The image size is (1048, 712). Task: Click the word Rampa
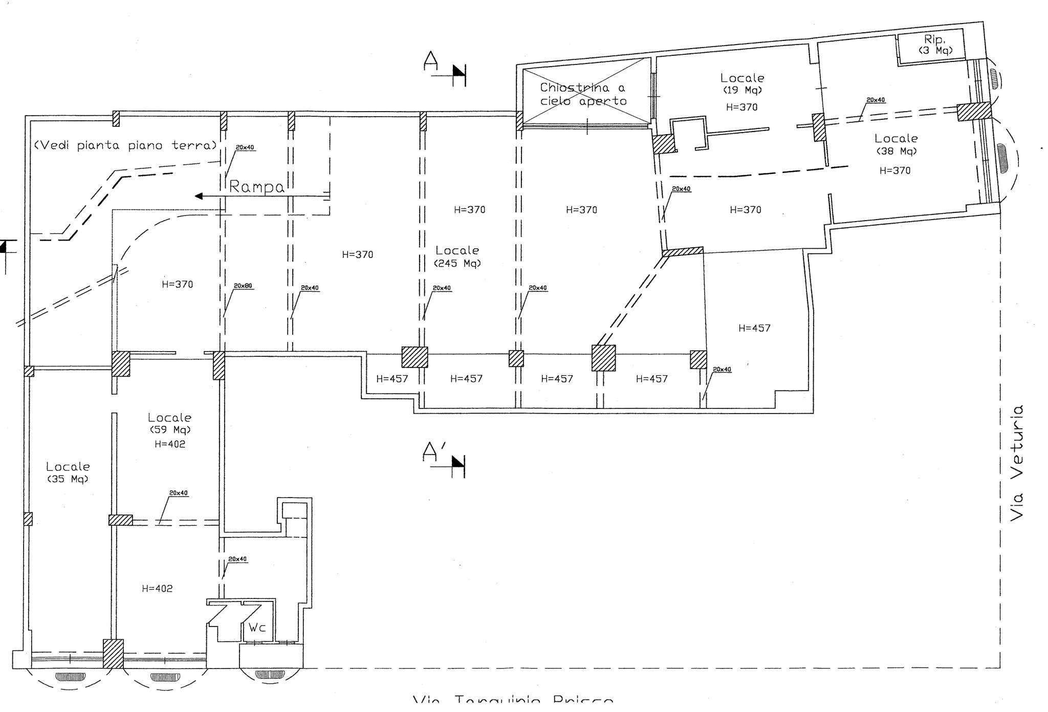click(256, 187)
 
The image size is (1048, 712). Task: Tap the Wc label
click(257, 628)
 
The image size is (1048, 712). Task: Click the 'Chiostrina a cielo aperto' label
click(583, 94)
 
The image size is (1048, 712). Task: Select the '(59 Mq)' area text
click(170, 430)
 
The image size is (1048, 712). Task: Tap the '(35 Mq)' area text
click(68, 480)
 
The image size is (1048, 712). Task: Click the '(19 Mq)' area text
click(742, 90)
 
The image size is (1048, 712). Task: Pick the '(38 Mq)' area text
click(896, 152)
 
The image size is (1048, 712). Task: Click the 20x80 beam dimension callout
click(243, 286)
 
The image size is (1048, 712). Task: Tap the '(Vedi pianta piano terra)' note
click(125, 145)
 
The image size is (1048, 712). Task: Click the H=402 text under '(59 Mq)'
click(170, 444)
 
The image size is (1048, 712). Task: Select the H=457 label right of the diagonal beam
click(754, 328)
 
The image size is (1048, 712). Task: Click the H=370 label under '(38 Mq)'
click(895, 170)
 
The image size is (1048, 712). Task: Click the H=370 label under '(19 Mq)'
click(741, 107)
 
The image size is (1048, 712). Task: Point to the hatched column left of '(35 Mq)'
click(28, 519)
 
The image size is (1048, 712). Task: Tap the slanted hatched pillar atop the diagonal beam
click(683, 251)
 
